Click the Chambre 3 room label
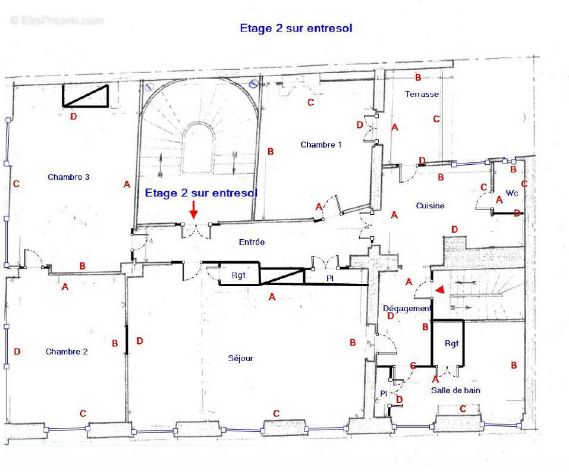68,177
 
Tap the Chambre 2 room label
67,352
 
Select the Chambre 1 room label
321,145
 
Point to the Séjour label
240,358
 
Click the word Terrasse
422,94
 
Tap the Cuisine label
430,205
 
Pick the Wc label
512,193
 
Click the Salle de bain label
455,390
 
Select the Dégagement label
407,308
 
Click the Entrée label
252,242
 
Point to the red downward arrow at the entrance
194,209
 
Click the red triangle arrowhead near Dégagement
440,289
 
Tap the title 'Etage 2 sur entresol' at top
296,29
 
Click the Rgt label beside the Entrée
238,275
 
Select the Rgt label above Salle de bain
451,343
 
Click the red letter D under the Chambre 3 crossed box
73,117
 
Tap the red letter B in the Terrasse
418,77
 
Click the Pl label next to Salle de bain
383,393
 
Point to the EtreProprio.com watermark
56,20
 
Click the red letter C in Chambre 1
310,102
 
